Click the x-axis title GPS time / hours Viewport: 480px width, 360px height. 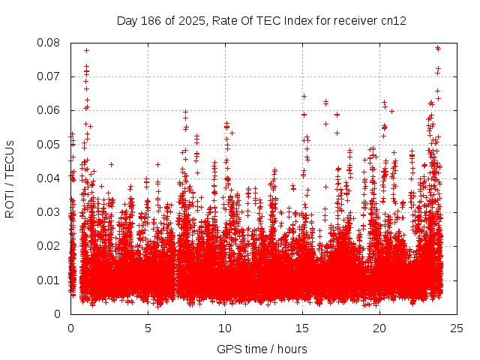tap(262, 349)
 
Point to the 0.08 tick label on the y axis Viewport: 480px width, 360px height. tap(49, 43)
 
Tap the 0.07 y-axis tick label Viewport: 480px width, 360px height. tap(49, 76)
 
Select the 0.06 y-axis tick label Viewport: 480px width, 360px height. tap(49, 110)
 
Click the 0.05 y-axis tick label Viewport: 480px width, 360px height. tap(49, 144)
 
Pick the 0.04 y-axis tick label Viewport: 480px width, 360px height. tap(49, 178)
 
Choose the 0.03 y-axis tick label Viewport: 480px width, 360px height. tap(49, 212)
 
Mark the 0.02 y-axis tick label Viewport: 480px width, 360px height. tap(49, 246)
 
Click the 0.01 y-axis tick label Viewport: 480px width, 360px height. tap(49, 280)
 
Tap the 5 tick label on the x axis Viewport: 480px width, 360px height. tap(148, 328)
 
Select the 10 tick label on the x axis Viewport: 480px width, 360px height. tap(225, 328)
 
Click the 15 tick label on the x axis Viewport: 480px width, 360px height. tap(302, 328)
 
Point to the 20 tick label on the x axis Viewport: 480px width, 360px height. tap(379, 328)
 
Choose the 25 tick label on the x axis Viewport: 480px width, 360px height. tap(457, 328)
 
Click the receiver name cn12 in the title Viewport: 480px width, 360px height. tap(394, 20)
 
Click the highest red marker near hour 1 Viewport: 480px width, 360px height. tap(87, 51)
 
